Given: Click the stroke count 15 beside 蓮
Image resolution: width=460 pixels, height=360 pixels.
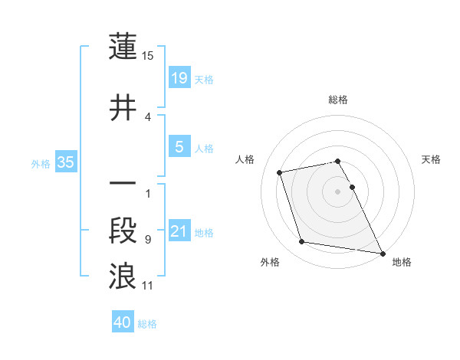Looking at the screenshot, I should click(148, 56).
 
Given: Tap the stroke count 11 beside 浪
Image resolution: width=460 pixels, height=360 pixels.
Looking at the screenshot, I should click(147, 286).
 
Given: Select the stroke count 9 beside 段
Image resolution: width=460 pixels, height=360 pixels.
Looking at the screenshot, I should click(147, 240).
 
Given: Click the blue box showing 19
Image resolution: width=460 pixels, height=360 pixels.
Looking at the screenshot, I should click(179, 78).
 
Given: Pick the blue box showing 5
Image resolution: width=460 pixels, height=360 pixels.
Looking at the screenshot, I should click(179, 147).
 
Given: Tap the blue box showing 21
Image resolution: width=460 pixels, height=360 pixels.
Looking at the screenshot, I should click(179, 231).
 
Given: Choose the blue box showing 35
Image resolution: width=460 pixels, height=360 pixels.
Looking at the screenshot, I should click(65, 162).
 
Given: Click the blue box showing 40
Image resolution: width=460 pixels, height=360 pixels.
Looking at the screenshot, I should click(122, 322).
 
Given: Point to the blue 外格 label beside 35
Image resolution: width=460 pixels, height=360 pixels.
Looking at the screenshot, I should click(41, 163).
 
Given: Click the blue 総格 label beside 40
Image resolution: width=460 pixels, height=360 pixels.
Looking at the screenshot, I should click(147, 324).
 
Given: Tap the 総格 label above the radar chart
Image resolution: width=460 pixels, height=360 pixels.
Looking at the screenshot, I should click(338, 100).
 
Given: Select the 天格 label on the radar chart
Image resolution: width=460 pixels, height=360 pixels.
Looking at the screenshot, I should click(432, 159).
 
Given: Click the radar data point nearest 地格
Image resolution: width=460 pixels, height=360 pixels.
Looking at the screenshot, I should click(381, 253).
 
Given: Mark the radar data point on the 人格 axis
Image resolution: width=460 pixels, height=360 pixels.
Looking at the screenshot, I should click(280, 172).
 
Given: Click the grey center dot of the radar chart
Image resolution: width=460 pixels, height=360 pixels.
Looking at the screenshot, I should click(338, 191).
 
